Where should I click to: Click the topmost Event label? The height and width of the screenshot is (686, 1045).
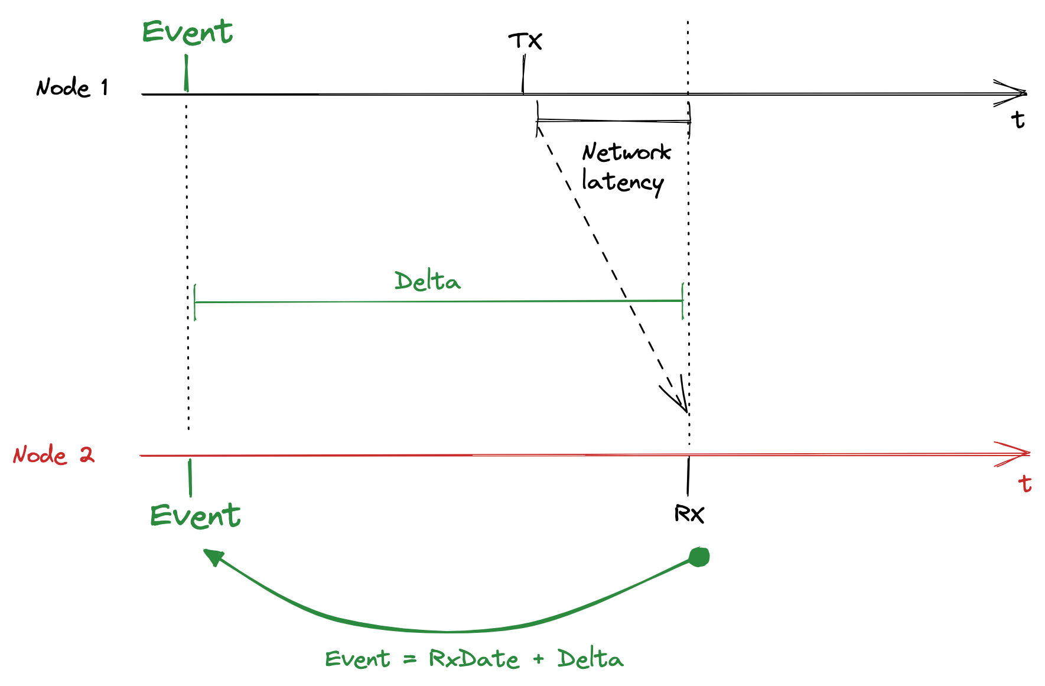click(187, 32)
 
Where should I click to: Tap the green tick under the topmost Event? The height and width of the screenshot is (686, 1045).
click(187, 73)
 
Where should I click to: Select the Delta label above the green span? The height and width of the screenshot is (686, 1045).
click(427, 281)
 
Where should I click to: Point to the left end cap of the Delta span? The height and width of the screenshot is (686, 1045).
click(195, 302)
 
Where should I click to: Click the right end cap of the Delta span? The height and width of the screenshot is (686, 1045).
click(683, 301)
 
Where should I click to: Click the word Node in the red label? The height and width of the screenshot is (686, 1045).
click(40, 455)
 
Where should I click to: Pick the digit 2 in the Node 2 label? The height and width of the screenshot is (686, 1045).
click(87, 454)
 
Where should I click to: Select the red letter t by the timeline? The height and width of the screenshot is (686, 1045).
click(1025, 483)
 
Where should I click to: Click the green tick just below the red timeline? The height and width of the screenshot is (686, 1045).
click(190, 477)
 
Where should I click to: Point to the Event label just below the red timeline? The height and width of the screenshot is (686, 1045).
click(195, 516)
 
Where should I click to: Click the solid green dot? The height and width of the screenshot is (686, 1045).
click(699, 557)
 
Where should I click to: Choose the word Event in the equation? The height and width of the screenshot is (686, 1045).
click(357, 659)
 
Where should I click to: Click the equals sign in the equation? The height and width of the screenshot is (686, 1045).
click(410, 659)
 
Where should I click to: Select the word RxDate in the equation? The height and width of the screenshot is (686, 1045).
click(474, 658)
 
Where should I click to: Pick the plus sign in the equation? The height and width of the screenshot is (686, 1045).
click(538, 659)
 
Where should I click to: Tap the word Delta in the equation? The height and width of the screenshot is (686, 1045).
click(590, 658)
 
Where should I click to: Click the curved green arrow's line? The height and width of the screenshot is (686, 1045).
click(449, 630)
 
